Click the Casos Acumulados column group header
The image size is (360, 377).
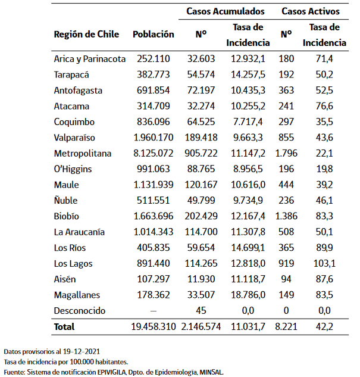[226, 11]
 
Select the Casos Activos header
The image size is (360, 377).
[310, 11]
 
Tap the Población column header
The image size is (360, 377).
[154, 35]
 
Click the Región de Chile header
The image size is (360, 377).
[86, 35]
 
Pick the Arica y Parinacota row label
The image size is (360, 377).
[89, 59]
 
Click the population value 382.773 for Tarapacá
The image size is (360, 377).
[154, 74]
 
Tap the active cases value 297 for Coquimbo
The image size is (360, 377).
[286, 122]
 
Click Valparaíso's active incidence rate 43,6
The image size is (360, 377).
[324, 138]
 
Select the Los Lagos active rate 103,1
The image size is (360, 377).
[324, 263]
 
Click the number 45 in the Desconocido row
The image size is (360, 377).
[201, 310]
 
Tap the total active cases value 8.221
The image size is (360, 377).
[286, 327]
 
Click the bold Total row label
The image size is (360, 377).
[64, 327]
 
